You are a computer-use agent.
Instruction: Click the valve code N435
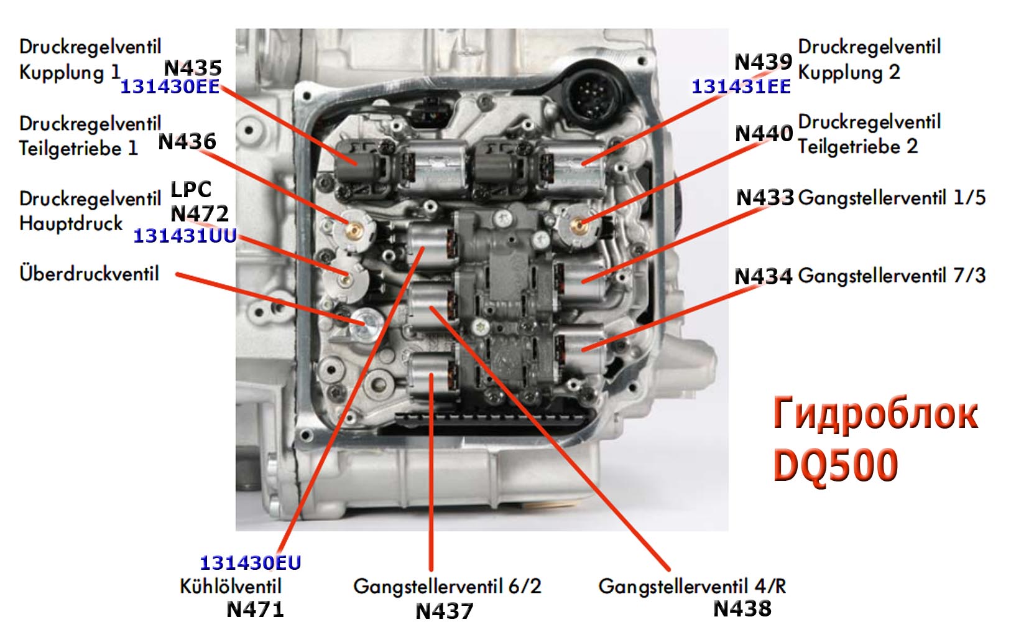click(x=192, y=67)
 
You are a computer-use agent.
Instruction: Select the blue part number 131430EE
click(x=169, y=86)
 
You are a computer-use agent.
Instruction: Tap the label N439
click(x=763, y=62)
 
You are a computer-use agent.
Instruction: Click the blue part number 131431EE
click(x=741, y=86)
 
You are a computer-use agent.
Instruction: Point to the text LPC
click(x=191, y=189)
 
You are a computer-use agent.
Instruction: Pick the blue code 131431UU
click(x=185, y=236)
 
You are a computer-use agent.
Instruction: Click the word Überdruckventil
click(x=89, y=273)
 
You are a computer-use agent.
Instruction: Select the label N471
click(x=255, y=609)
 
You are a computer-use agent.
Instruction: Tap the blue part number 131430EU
click(x=250, y=563)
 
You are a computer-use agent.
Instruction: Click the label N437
click(x=444, y=611)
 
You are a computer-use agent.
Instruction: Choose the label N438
click(x=742, y=608)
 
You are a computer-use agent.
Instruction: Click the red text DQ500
click(x=835, y=465)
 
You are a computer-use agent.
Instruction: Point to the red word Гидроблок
click(x=875, y=414)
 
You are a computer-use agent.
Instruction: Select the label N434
click(x=763, y=276)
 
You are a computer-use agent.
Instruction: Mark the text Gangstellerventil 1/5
click(x=891, y=198)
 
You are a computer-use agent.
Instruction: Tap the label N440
click(x=764, y=133)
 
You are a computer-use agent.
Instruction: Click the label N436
click(x=187, y=141)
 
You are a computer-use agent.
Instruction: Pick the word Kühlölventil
click(x=230, y=586)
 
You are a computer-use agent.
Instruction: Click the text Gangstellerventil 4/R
click(x=691, y=586)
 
